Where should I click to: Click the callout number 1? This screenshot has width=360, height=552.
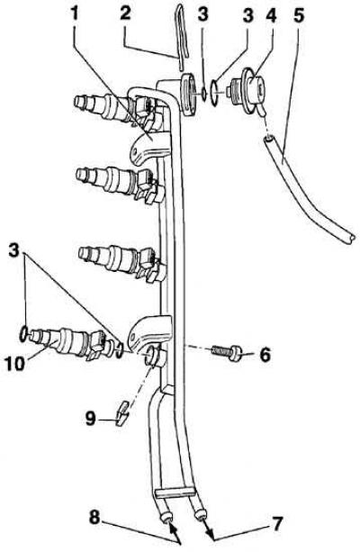pyautogui.click(x=75, y=14)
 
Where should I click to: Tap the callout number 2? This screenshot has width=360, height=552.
pyautogui.click(x=124, y=14)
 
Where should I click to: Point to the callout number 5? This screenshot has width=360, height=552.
pyautogui.click(x=299, y=14)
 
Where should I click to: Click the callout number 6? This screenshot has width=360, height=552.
pyautogui.click(x=265, y=354)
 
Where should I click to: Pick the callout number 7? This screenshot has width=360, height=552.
pyautogui.click(x=276, y=523)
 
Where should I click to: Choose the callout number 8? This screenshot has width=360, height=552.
pyautogui.click(x=94, y=518)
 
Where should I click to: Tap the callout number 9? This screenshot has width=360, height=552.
pyautogui.click(x=90, y=418)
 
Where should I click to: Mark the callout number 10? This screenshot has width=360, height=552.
pyautogui.click(x=15, y=363)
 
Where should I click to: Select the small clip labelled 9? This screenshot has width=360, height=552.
pyautogui.click(x=121, y=412)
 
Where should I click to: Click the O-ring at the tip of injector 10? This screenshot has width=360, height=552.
pyautogui.click(x=23, y=333)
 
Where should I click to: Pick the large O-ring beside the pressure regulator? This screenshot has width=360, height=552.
pyautogui.click(x=214, y=93)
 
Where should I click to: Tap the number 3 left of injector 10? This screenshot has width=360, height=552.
pyautogui.click(x=14, y=252)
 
